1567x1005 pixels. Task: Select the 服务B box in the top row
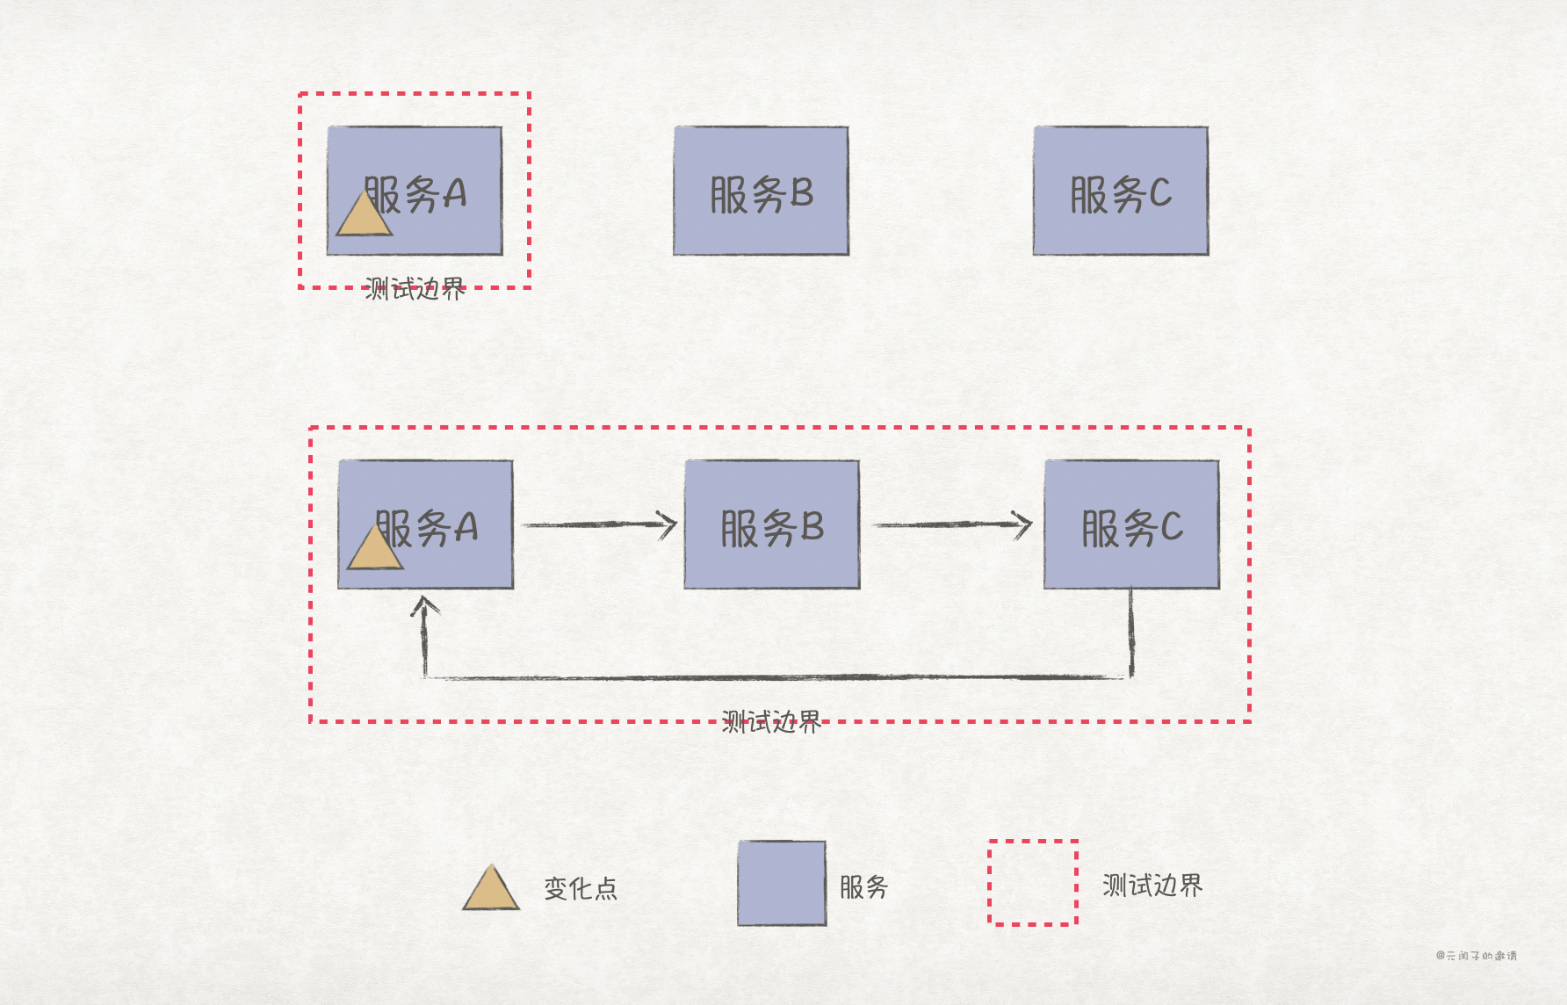pyautogui.click(x=761, y=192)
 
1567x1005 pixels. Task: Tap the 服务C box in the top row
pyautogui.click(x=1120, y=192)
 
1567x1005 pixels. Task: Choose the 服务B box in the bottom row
pyautogui.click(x=771, y=524)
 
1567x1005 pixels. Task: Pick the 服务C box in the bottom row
pyautogui.click(x=1131, y=524)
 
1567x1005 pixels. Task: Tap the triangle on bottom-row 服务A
pyautogui.click(x=375, y=550)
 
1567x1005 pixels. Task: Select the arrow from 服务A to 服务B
pyautogui.click(x=599, y=524)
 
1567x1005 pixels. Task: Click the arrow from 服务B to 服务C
pyautogui.click(x=951, y=524)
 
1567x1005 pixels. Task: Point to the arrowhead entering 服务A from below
pyautogui.click(x=425, y=605)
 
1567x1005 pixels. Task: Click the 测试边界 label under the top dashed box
pyautogui.click(x=415, y=288)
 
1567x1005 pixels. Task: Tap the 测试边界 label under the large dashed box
pyautogui.click(x=771, y=722)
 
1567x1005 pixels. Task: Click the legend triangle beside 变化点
pyautogui.click(x=491, y=890)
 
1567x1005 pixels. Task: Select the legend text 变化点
pyautogui.click(x=581, y=888)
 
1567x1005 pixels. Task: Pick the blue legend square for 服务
pyautogui.click(x=782, y=883)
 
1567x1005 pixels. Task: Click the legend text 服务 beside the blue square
pyautogui.click(x=863, y=886)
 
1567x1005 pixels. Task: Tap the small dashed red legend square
pyautogui.click(x=1033, y=882)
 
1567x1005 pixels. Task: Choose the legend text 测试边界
pyautogui.click(x=1152, y=886)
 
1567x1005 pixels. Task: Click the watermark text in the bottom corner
pyautogui.click(x=1477, y=956)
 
